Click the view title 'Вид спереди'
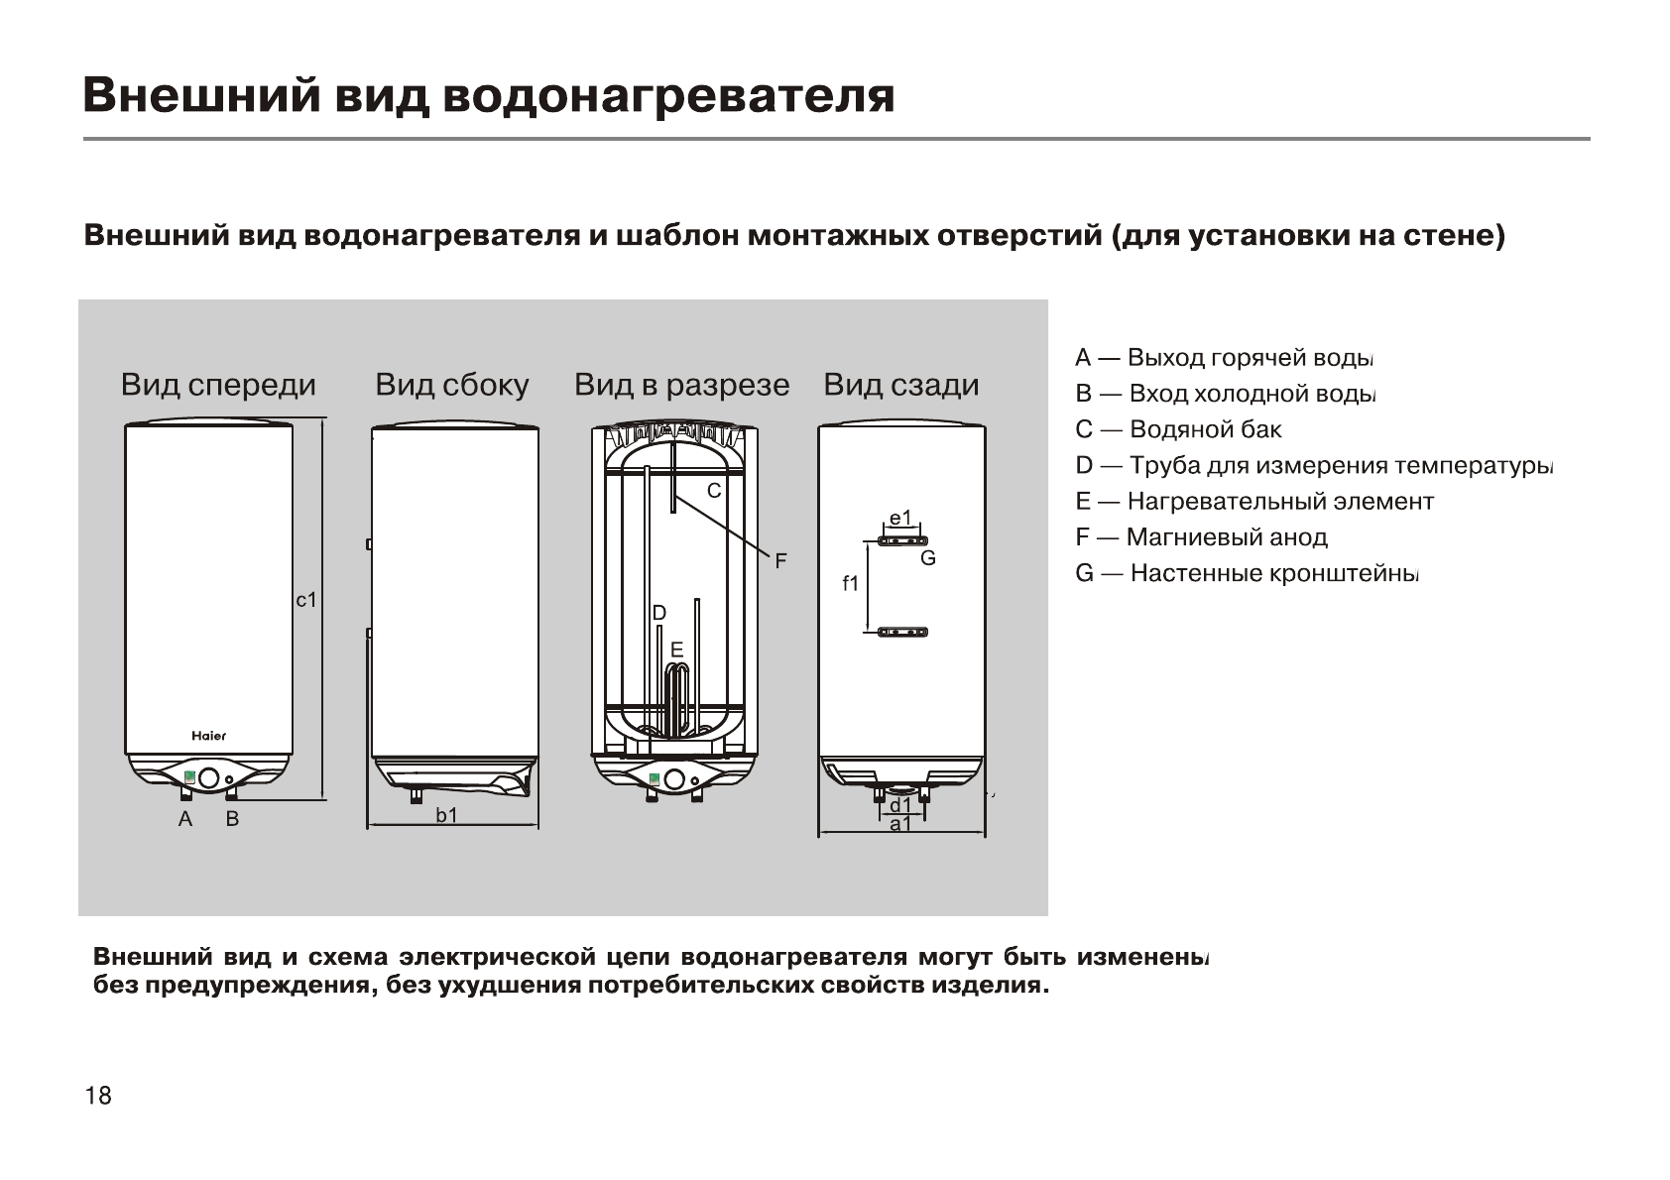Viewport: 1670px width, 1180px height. [x=218, y=386]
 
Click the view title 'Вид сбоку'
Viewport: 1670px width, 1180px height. [x=452, y=386]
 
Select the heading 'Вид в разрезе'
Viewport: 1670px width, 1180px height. [x=682, y=386]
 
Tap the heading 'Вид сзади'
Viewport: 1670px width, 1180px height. [x=901, y=386]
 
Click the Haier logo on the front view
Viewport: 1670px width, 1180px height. [x=208, y=736]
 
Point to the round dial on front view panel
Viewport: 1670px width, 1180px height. [x=209, y=778]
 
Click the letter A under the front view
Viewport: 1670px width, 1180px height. [x=184, y=820]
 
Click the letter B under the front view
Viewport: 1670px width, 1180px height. [x=232, y=820]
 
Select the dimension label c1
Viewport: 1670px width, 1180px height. [x=306, y=600]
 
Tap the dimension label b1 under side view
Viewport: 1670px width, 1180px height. [x=447, y=816]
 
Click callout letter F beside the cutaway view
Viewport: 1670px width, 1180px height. [x=780, y=562]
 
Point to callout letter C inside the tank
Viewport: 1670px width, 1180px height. [x=713, y=491]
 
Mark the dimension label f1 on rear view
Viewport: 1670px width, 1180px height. [x=851, y=584]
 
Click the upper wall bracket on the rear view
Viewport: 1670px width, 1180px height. [x=902, y=541]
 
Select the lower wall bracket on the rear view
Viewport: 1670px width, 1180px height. [x=902, y=632]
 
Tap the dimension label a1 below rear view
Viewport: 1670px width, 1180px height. [x=900, y=825]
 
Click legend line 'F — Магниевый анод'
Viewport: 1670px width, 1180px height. [x=1201, y=537]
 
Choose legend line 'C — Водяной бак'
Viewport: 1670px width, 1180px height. [x=1178, y=430]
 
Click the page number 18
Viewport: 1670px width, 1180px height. [x=99, y=1096]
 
